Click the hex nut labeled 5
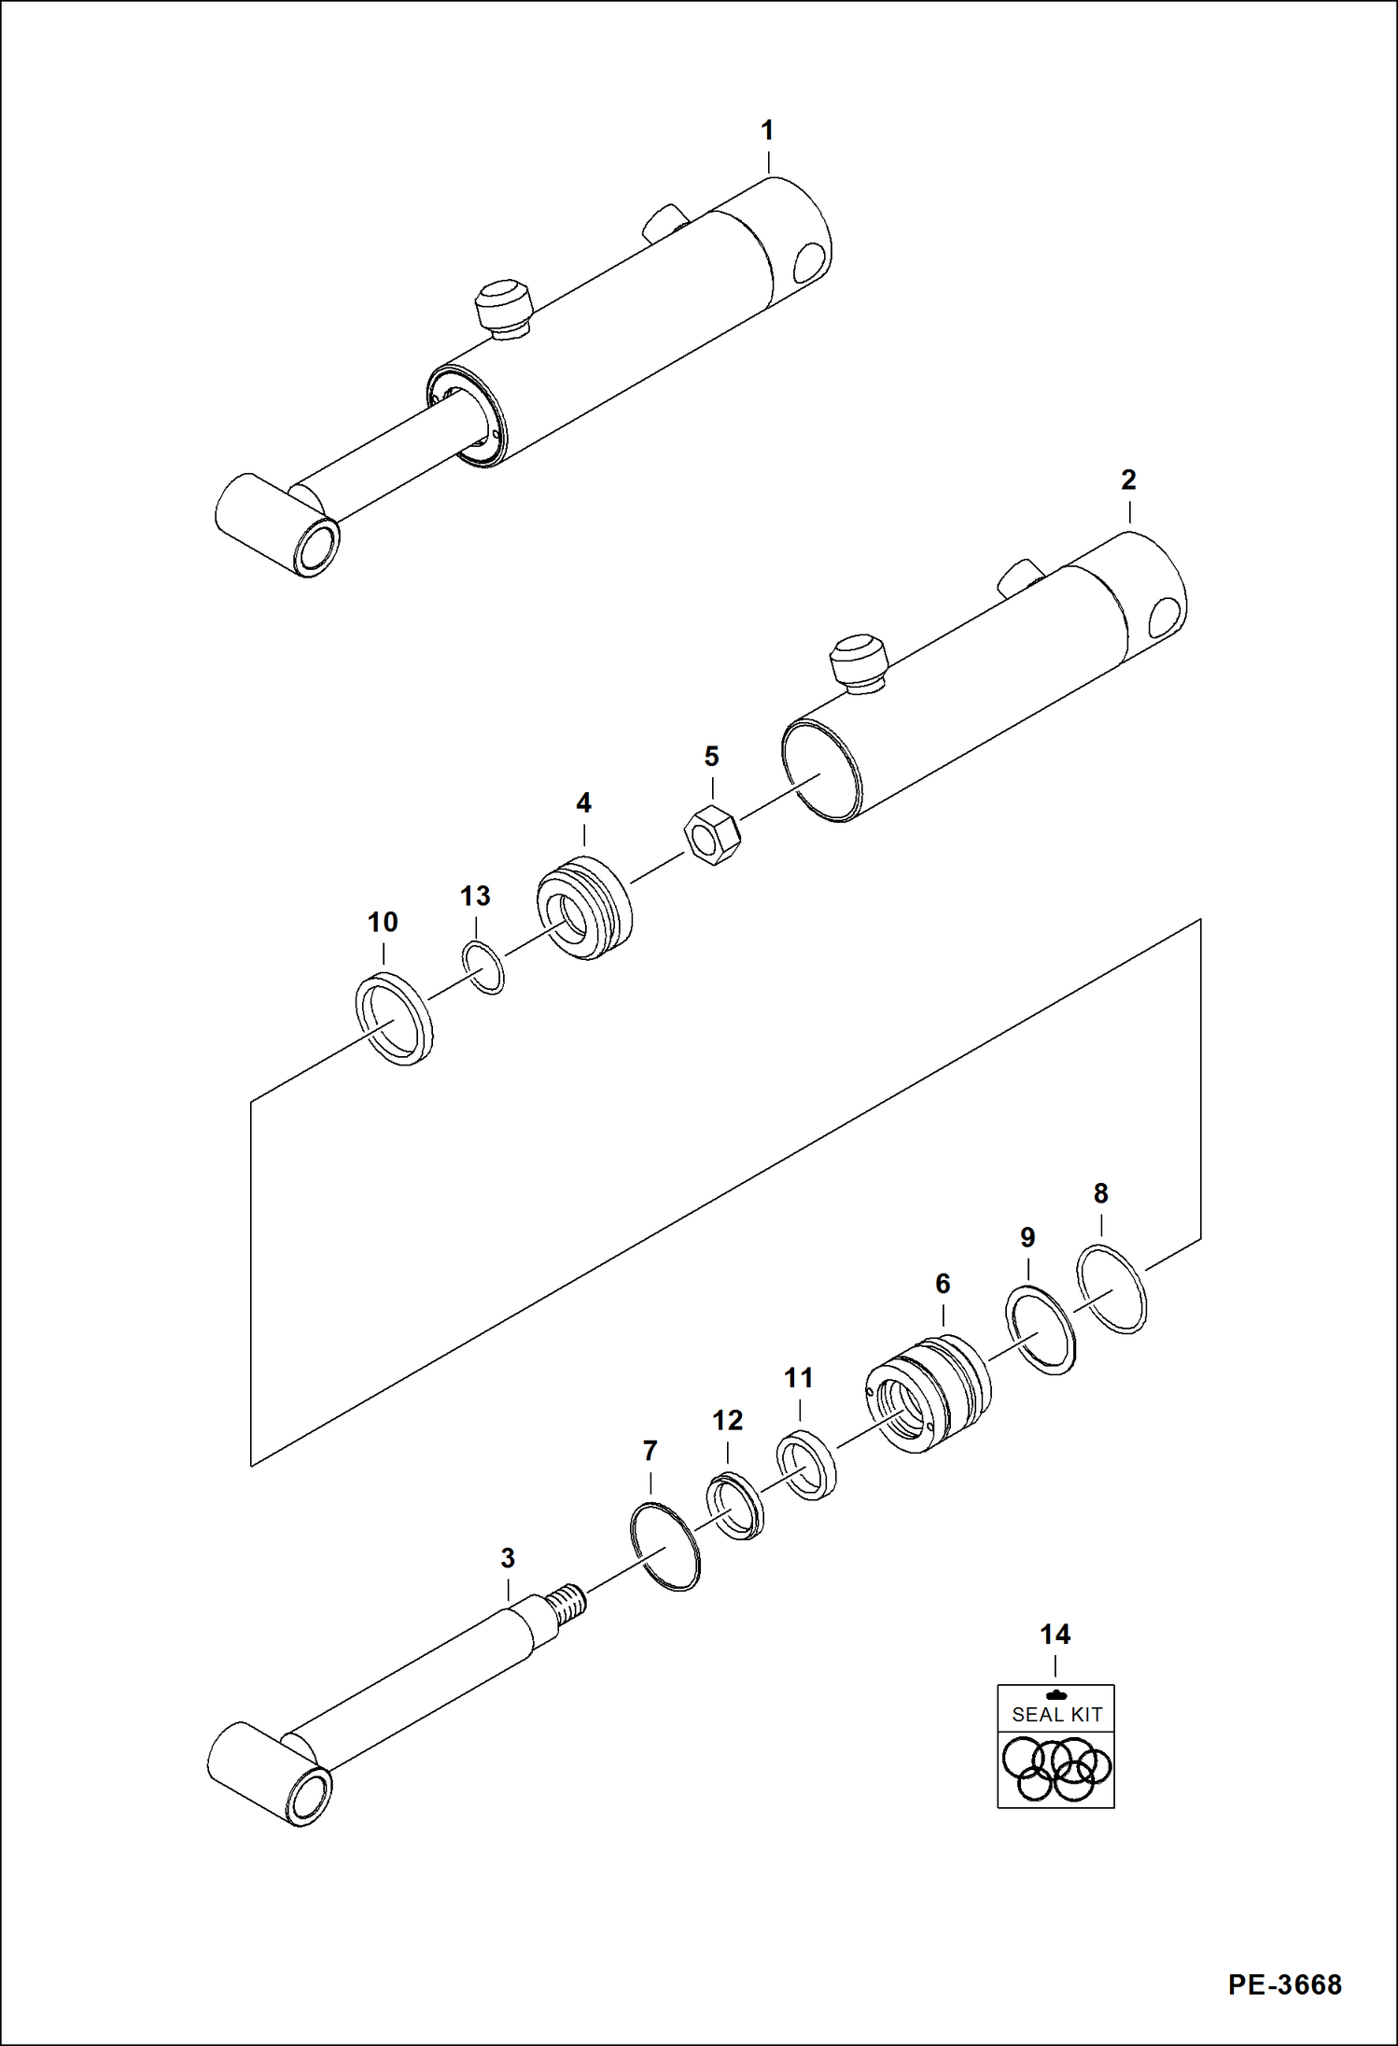712,833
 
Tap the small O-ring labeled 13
483,968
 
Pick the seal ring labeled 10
395,1019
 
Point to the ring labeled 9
1040,1329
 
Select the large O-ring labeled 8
1111,1287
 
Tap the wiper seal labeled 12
735,1506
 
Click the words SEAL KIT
1056,1714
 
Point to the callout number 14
1055,1634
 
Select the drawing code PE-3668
1284,1983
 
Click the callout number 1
767,131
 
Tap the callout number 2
1128,480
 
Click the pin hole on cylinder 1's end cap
810,263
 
